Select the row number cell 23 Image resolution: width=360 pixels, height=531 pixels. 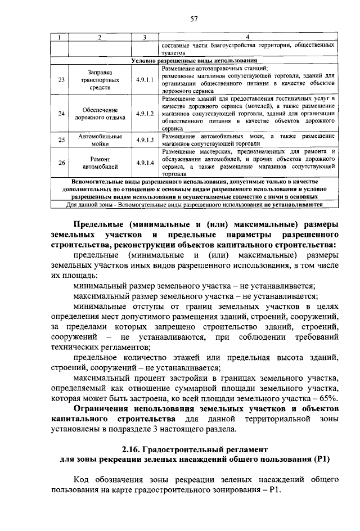[62, 80]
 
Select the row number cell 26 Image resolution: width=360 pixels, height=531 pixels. [62, 163]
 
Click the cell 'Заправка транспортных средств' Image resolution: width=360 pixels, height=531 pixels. [100, 80]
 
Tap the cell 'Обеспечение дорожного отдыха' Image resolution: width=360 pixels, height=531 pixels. [100, 114]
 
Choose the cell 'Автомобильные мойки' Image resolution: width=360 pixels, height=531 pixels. [100, 140]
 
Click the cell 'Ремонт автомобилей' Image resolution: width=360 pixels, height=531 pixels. [100, 163]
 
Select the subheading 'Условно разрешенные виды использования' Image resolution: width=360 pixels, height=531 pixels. [194, 60]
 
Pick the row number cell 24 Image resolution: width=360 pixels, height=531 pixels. [62, 114]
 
